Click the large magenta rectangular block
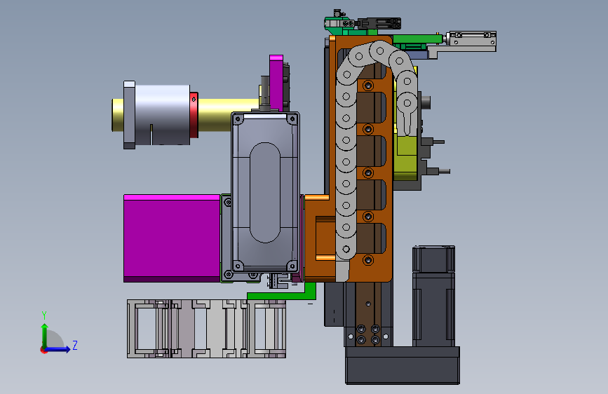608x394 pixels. point(172,238)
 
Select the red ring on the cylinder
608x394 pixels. point(194,115)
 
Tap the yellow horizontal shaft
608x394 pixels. point(228,115)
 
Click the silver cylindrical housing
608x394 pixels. point(162,115)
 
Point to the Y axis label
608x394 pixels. point(44,315)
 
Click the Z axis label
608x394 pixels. point(75,345)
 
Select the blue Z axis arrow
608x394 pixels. point(58,349)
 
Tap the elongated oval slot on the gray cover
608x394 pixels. point(265,192)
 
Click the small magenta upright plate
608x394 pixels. point(276,83)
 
